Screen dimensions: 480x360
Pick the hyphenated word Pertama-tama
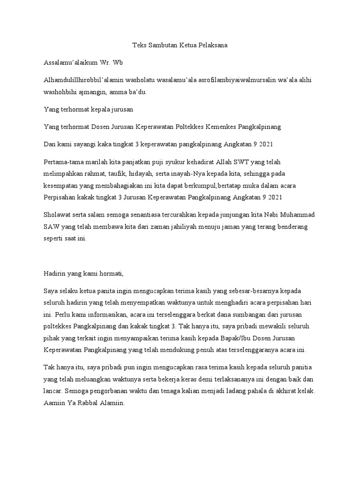coord(62,162)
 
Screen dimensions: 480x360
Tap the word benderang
coord(292,226)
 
